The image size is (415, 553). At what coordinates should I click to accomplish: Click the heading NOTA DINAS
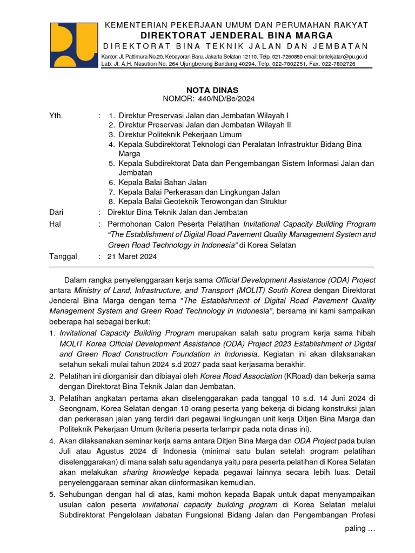208,90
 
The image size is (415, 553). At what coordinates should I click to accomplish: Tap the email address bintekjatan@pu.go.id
343,56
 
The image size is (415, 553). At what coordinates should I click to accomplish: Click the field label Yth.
56,116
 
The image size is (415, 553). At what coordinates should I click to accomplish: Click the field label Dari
57,212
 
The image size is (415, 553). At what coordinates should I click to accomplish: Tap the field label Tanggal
63,257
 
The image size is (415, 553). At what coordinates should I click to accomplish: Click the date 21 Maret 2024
132,257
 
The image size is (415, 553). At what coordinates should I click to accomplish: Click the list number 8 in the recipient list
111,201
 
